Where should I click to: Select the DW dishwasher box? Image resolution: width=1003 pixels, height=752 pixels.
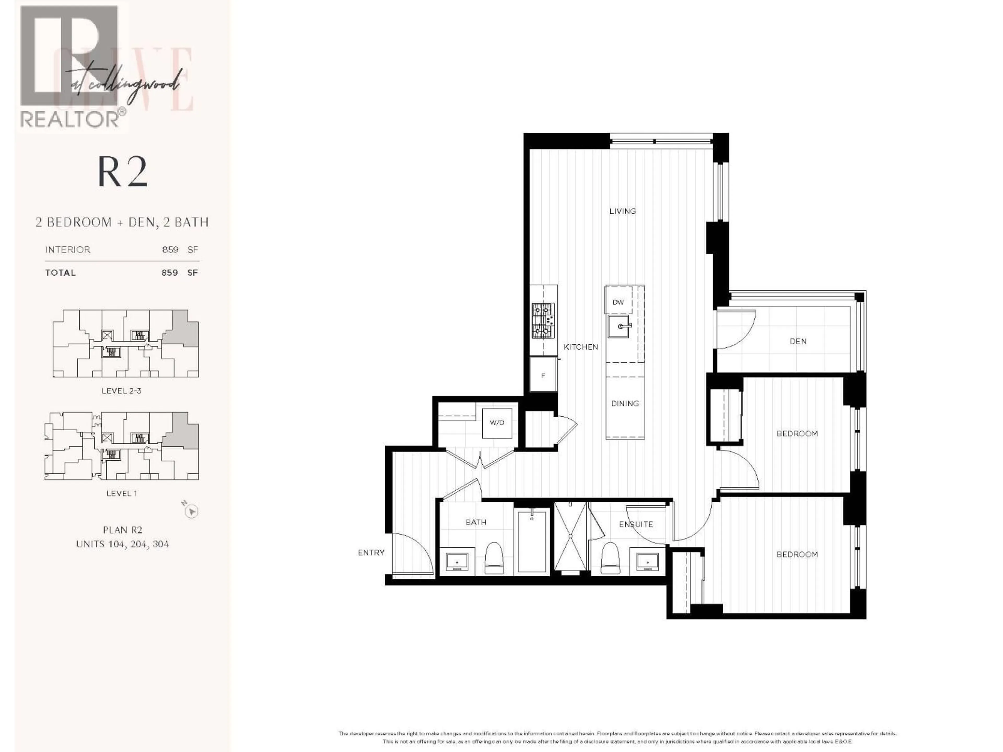[x=618, y=302]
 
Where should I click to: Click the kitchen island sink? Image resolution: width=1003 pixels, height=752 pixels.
[x=619, y=326]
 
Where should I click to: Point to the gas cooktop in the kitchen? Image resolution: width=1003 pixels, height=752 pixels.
[x=543, y=320]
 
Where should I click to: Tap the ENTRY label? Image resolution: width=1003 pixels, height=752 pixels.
[x=371, y=553]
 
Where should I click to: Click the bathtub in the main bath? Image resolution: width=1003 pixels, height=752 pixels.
[x=532, y=542]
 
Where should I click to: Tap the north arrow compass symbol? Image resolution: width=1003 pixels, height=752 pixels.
[x=192, y=511]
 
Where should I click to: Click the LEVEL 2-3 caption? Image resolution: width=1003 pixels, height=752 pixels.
[x=121, y=391]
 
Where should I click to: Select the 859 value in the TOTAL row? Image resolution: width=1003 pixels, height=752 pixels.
[x=170, y=272]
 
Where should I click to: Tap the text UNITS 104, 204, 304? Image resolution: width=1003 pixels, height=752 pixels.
[x=123, y=544]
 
